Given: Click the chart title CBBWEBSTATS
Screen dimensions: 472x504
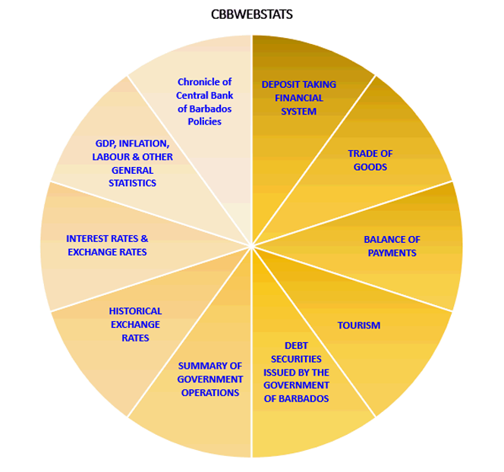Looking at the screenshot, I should pos(252,14).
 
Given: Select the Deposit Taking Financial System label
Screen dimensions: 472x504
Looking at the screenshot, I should pos(298,98).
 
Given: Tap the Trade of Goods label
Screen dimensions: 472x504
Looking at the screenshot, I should pos(370,160).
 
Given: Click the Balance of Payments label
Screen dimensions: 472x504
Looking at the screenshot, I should pos(392,246).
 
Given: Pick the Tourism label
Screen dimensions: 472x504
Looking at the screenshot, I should pos(358,326).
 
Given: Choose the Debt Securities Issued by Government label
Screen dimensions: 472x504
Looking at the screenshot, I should pos(296,372).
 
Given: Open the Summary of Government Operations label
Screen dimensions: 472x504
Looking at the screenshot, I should pos(209,379).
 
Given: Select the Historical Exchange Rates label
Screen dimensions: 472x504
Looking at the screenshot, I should pos(135,324).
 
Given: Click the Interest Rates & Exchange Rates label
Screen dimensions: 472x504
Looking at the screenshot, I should pos(107,245).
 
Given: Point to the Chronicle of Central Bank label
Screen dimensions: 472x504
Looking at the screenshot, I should pos(203,102).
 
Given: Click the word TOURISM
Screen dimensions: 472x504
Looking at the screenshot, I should pos(358,326).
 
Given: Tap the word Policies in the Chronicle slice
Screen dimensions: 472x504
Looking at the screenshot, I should pos(203,121).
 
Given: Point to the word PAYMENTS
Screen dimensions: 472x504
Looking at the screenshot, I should pos(392,253).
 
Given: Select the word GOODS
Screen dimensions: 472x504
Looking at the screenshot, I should pos(370,167).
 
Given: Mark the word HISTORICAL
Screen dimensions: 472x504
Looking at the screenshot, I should pos(135,311).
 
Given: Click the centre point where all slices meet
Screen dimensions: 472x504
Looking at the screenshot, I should pos(251,246).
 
